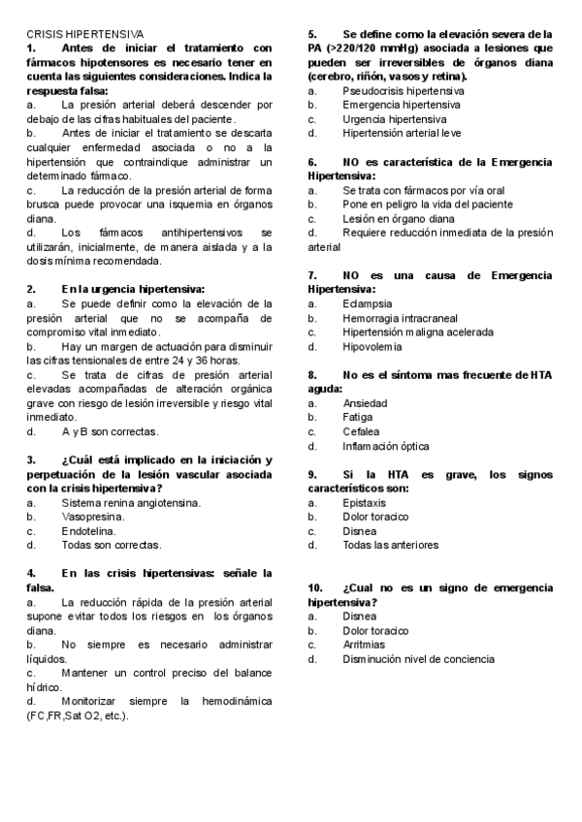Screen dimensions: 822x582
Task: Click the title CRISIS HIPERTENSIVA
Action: click(x=84, y=33)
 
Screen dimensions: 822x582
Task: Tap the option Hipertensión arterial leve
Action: click(x=402, y=133)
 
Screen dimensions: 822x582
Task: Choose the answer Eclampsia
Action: click(x=367, y=303)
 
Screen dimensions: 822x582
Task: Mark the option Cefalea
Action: click(x=362, y=431)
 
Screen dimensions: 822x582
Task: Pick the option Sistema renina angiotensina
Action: click(x=131, y=503)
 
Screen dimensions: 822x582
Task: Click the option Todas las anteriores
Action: click(x=390, y=546)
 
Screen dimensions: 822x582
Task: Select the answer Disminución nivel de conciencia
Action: click(x=418, y=659)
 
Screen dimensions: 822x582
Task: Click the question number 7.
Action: click(x=312, y=275)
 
